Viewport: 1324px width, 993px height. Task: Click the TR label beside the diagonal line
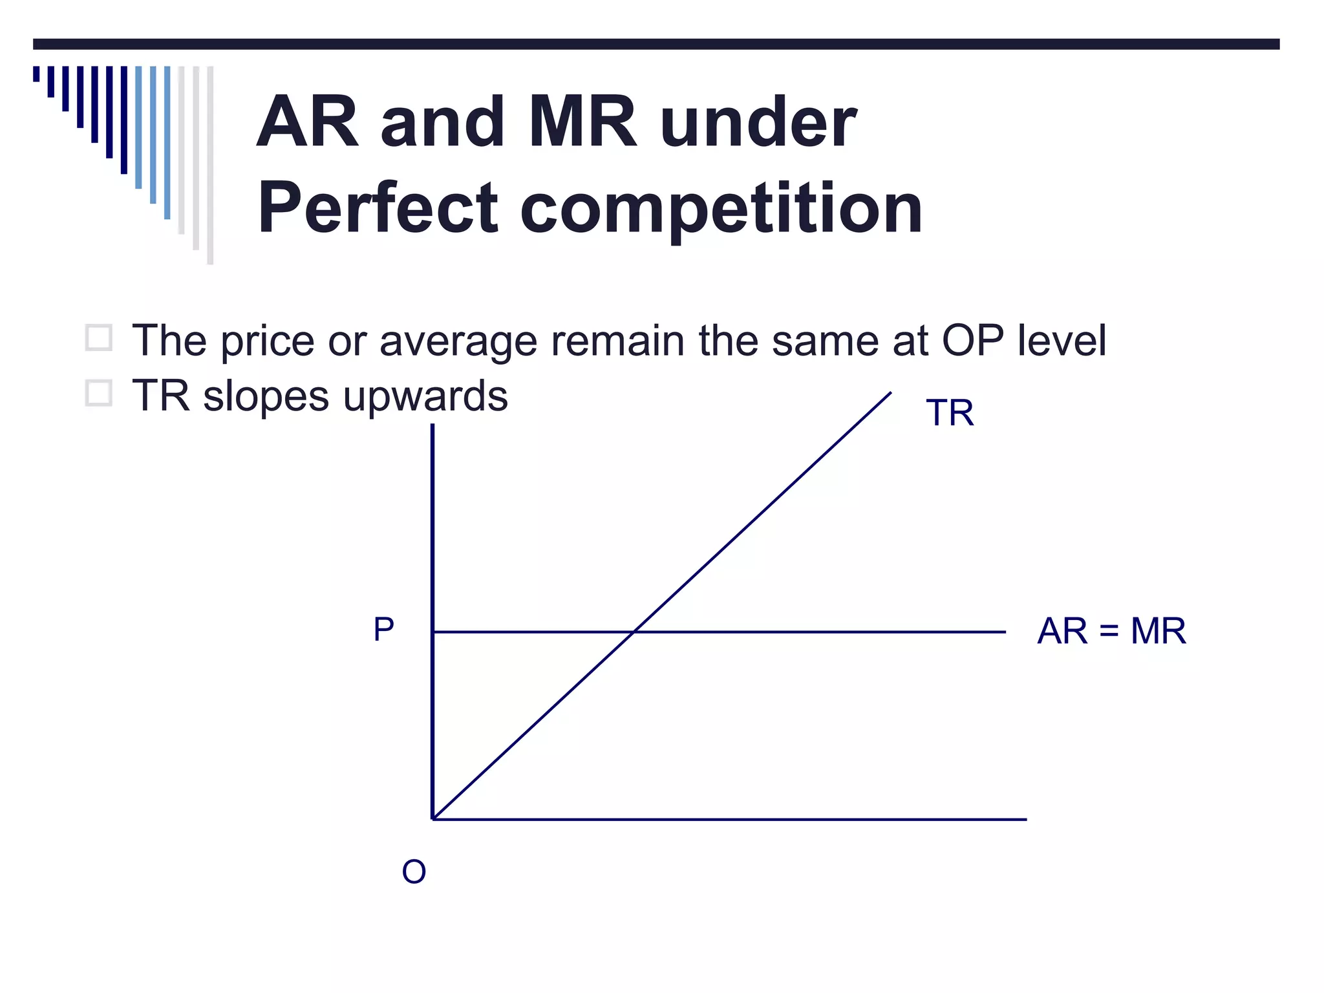[949, 413]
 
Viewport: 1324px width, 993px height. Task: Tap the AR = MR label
[1111, 631]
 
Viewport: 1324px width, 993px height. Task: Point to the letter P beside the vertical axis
[383, 629]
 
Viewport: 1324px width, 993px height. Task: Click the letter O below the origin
[414, 872]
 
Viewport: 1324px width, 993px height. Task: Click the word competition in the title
[721, 208]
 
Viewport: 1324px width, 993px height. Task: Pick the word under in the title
[758, 122]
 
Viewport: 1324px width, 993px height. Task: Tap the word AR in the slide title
[307, 122]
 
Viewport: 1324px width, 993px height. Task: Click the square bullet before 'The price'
[99, 338]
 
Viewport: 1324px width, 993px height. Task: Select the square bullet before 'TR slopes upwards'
[99, 393]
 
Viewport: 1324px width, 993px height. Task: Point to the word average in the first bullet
[458, 342]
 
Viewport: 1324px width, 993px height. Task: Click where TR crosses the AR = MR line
[634, 632]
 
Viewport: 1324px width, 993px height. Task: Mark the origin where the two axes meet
[433, 819]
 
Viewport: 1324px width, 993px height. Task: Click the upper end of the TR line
[890, 393]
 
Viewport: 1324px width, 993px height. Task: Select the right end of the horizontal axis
[1025, 819]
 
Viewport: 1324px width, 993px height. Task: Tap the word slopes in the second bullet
[266, 397]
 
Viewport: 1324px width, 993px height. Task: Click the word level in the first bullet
[1062, 341]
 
